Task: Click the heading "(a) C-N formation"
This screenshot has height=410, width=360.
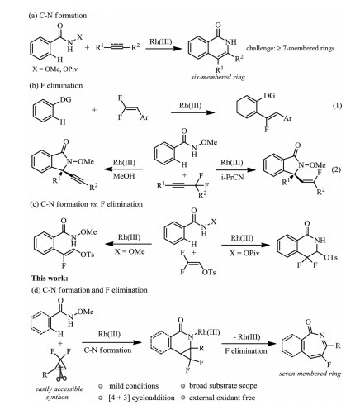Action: pyautogui.click(x=58, y=16)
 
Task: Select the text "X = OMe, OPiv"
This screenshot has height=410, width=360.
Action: pyautogui.click(x=55, y=69)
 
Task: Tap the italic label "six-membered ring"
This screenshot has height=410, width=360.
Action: pyautogui.click(x=218, y=78)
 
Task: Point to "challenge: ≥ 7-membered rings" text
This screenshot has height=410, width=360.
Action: pyautogui.click(x=291, y=49)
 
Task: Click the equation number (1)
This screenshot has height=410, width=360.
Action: pyautogui.click(x=337, y=106)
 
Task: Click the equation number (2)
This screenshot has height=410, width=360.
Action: pyautogui.click(x=336, y=169)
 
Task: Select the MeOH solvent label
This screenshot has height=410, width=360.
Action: pyautogui.click(x=124, y=176)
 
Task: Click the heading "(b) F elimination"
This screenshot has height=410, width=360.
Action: pyautogui.click(x=56, y=86)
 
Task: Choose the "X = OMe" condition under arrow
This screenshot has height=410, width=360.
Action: pyautogui.click(x=130, y=251)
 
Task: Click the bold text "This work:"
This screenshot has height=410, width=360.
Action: pyautogui.click(x=50, y=279)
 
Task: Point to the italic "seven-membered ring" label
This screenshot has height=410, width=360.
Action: pyautogui.click(x=310, y=374)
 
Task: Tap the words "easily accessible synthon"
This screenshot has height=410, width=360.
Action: pyautogui.click(x=59, y=393)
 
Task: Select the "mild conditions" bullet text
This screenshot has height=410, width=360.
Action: pyautogui.click(x=134, y=386)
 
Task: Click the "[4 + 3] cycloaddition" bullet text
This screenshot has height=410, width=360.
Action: pyautogui.click(x=141, y=398)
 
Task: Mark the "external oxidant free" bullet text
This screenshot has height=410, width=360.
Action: pyautogui.click(x=222, y=398)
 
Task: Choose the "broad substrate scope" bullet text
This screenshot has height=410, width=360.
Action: pyautogui.click(x=223, y=385)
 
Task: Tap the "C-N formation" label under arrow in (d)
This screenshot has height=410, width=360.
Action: pyautogui.click(x=107, y=350)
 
